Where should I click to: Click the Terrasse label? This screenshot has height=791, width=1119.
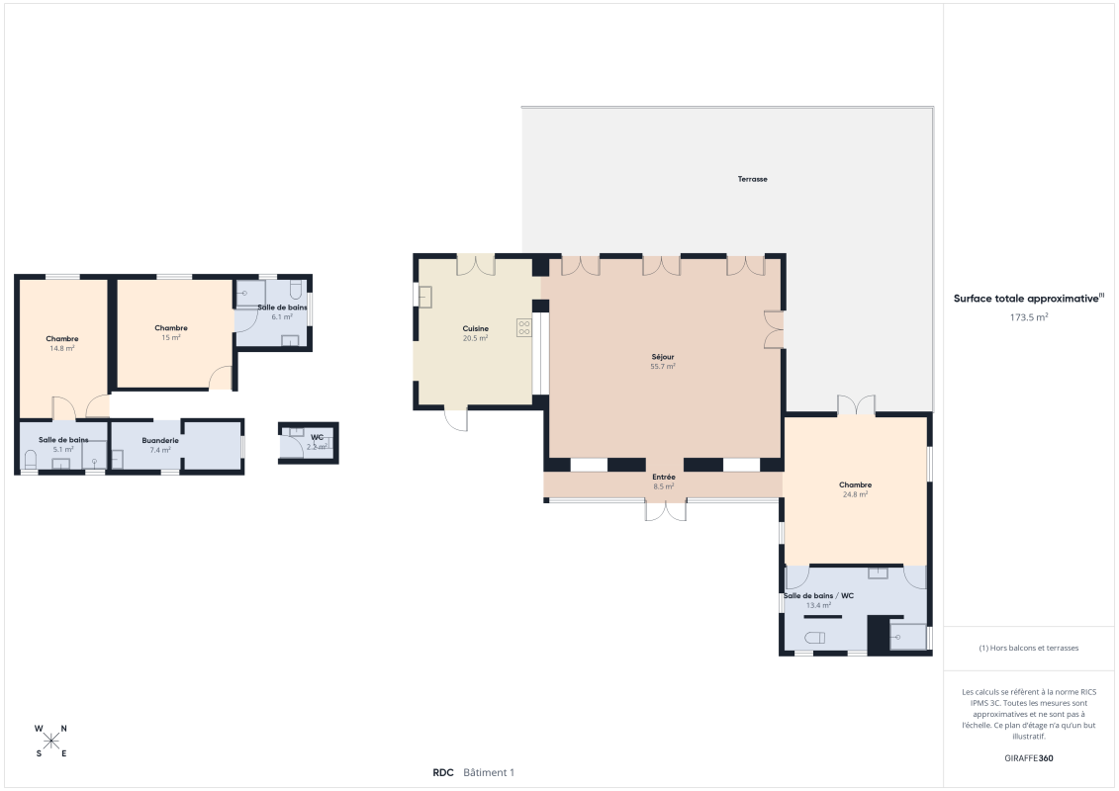click(x=752, y=179)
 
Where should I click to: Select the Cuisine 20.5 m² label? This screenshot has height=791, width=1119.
click(x=475, y=333)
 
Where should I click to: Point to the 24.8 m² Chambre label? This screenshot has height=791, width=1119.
click(x=855, y=489)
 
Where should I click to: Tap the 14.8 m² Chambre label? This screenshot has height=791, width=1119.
click(x=62, y=343)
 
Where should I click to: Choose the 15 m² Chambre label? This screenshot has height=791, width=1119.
click(x=171, y=332)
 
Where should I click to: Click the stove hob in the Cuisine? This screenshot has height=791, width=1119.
click(x=524, y=328)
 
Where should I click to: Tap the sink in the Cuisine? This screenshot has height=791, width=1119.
click(x=425, y=297)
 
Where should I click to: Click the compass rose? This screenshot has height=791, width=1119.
click(x=51, y=741)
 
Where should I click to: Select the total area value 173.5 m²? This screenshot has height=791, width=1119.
click(x=1029, y=317)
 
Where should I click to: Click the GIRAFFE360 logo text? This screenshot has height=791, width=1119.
click(x=1029, y=758)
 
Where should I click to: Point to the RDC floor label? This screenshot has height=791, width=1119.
click(x=442, y=773)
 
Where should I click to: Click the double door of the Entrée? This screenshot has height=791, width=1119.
click(x=665, y=510)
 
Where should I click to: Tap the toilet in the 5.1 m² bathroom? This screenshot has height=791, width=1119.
click(x=30, y=459)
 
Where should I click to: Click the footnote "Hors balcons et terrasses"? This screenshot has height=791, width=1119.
click(x=1029, y=648)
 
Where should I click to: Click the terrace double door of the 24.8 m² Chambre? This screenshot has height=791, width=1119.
click(x=856, y=405)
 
